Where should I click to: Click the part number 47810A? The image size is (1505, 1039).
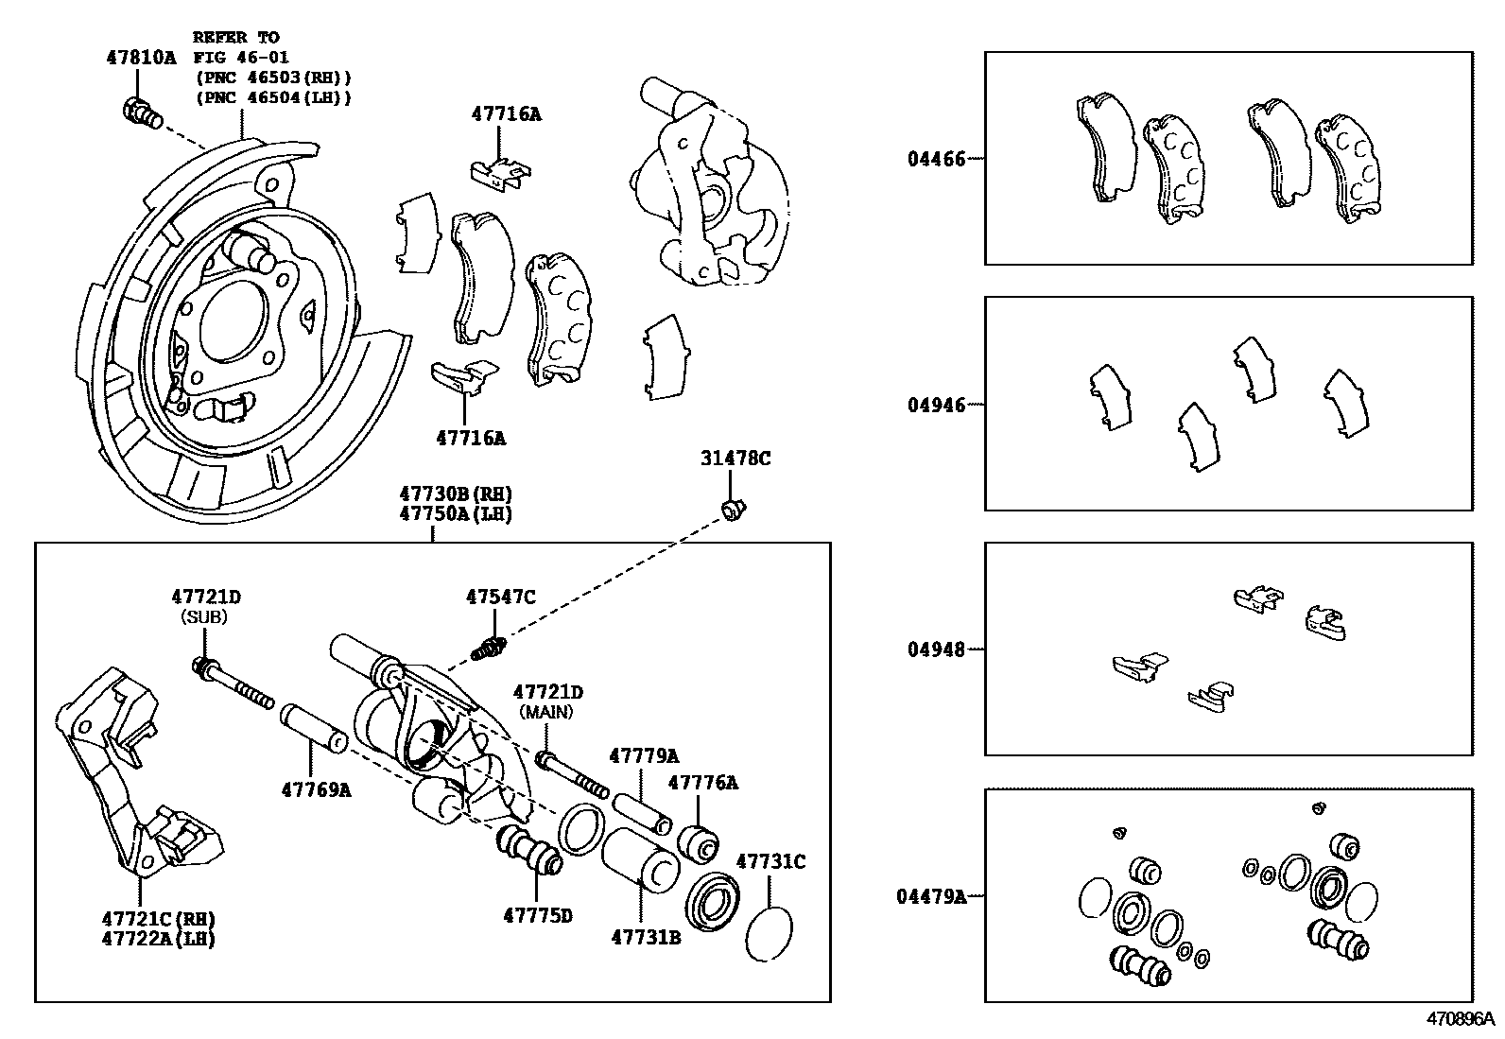coord(140,58)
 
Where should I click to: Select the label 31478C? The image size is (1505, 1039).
coord(735,459)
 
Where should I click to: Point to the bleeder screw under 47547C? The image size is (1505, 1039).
coord(491,649)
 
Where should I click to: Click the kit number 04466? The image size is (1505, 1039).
coord(936,159)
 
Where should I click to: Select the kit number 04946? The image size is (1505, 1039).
coord(936,405)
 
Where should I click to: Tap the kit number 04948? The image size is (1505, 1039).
coord(936,649)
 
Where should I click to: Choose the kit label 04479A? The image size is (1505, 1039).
coord(930,895)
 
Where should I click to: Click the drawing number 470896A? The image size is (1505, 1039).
coord(1460,1020)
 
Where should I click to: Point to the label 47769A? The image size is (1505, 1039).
coord(315,789)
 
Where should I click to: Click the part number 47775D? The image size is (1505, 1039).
coord(537,915)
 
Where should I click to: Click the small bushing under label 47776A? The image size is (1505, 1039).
coord(701,842)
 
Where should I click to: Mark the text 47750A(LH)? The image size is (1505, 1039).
coord(455,514)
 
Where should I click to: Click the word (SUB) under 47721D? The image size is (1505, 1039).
coord(205,616)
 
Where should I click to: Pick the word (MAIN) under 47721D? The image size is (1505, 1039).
coord(547,711)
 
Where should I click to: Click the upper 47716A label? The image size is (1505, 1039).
coord(506,114)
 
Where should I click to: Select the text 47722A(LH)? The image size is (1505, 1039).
coord(158,939)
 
